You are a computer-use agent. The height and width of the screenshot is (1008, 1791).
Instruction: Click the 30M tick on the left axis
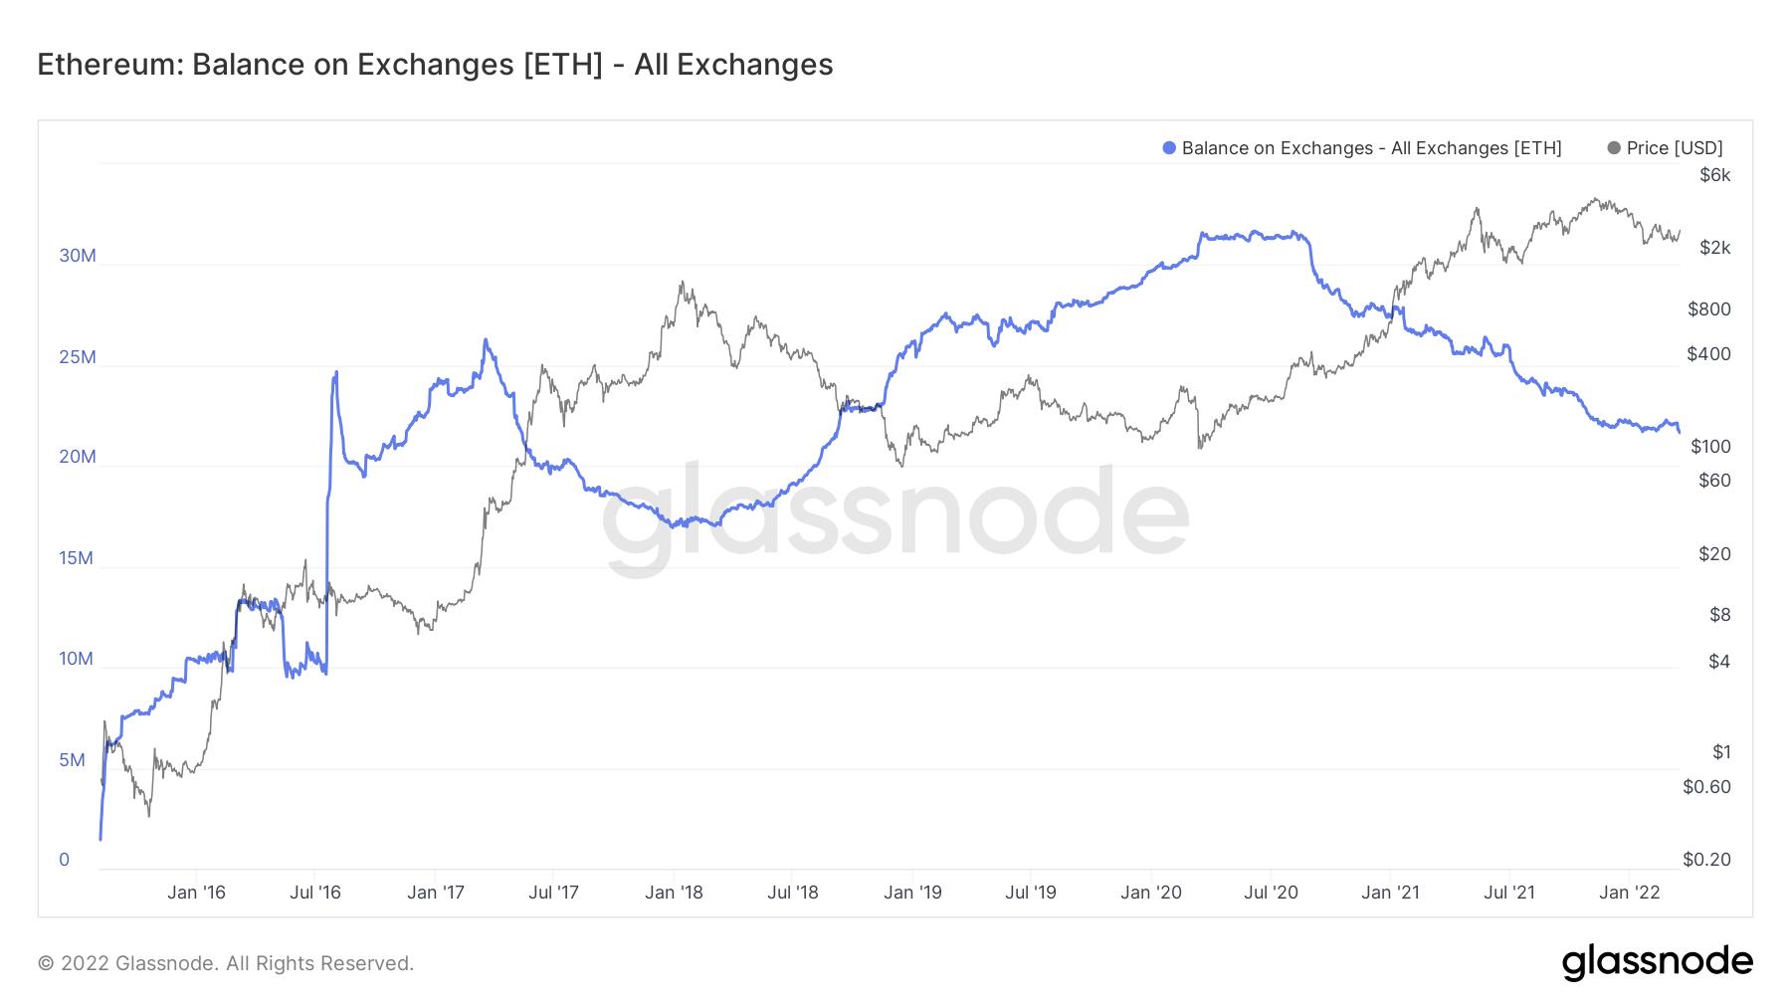tap(78, 256)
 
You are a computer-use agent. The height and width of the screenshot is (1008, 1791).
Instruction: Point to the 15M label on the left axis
tap(76, 558)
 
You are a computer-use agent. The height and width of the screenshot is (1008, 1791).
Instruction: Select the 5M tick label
tap(72, 760)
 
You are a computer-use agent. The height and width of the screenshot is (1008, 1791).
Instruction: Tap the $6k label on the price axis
tap(1715, 175)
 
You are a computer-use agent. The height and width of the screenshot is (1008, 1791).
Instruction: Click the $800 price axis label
tap(1709, 309)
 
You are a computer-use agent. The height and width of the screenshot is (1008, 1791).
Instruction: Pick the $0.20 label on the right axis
tap(1706, 859)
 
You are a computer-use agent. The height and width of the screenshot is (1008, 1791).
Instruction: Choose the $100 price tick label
tap(1710, 447)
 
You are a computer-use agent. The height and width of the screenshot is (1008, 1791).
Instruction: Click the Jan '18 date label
tap(674, 892)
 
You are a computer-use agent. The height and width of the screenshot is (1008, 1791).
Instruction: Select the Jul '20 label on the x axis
tap(1271, 892)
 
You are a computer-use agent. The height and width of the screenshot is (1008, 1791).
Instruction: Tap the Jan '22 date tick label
tap(1629, 892)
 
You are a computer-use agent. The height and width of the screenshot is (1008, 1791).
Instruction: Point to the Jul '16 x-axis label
tap(315, 892)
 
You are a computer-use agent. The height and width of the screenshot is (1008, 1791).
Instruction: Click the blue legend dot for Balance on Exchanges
tap(1169, 148)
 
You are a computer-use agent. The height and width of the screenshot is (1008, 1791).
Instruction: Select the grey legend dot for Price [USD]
tap(1613, 148)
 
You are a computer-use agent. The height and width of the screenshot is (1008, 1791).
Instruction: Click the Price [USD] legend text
tap(1675, 148)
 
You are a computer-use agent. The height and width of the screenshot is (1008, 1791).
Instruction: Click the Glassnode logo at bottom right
tap(1657, 962)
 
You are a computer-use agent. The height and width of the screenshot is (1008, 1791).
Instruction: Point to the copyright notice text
tap(226, 963)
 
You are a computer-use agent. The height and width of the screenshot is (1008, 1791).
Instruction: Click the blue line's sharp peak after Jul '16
tap(336, 372)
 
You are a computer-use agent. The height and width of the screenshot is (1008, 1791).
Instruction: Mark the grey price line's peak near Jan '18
tap(682, 282)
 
